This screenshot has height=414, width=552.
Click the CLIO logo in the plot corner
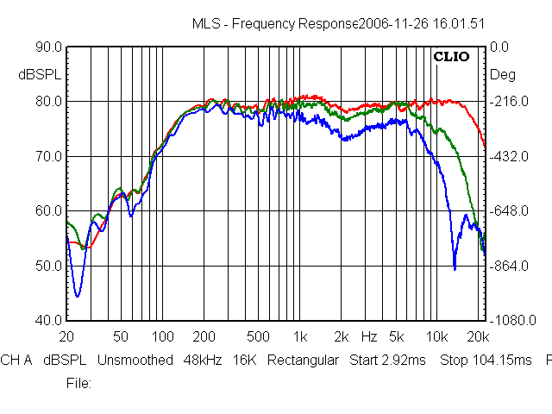(451, 59)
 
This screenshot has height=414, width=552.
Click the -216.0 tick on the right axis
(509, 102)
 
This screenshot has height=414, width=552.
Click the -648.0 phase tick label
(509, 211)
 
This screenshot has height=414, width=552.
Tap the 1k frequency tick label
(299, 336)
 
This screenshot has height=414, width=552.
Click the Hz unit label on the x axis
(369, 336)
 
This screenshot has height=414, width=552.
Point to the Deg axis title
(502, 75)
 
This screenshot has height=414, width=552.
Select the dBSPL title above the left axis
(40, 75)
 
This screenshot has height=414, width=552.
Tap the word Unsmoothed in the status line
(135, 361)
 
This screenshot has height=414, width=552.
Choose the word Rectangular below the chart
(303, 361)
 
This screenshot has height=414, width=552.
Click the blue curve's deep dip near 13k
(455, 268)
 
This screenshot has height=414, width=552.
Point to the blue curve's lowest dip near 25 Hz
(78, 296)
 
